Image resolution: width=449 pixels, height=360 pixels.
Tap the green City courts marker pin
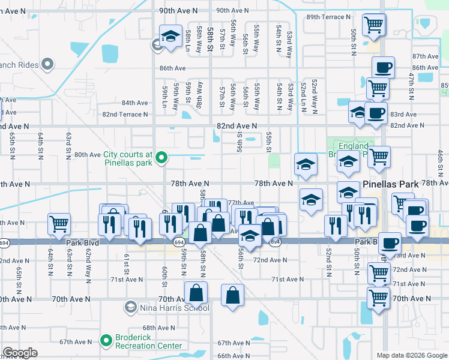[x=161, y=158]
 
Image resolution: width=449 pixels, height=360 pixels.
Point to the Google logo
[x=20, y=353]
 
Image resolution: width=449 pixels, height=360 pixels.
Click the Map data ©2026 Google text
[x=411, y=355]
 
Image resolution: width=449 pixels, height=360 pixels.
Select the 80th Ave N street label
[x=87, y=154]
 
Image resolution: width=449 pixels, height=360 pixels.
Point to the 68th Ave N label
[x=158, y=328]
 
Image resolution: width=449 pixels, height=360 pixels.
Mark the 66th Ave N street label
[x=233, y=356]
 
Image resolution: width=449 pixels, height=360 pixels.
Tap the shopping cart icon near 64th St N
[x=59, y=224]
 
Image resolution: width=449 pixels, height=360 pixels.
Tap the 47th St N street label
[x=412, y=85]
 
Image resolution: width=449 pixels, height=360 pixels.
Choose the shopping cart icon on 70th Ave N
[x=378, y=297]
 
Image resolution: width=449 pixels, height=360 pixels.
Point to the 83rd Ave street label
[x=403, y=114]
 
